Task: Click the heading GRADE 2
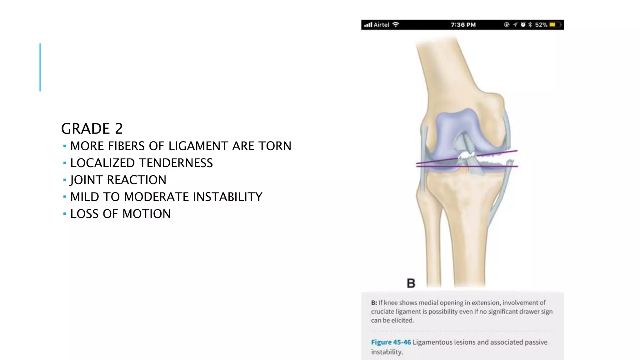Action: (92, 128)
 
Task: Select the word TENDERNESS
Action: (176, 163)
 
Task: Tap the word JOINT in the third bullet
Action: (87, 180)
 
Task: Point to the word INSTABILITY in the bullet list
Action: (227, 197)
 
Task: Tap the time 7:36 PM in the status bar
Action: (463, 25)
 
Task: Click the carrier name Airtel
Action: (381, 25)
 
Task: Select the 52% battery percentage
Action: (541, 25)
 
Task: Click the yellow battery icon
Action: (555, 25)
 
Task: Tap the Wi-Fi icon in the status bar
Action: (396, 24)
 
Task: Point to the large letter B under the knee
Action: (411, 283)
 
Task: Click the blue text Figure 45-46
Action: (391, 342)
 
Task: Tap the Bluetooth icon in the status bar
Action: (530, 25)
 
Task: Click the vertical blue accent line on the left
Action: (40, 67)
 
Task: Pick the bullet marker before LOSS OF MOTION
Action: (64, 214)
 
